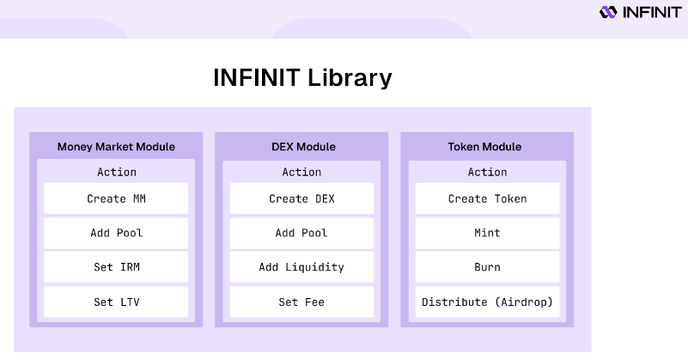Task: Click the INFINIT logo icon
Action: tap(608, 12)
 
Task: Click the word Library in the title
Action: tap(350, 78)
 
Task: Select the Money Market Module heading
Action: tap(116, 147)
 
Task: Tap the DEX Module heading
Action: tap(304, 147)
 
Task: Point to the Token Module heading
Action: tap(484, 147)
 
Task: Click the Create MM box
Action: tap(116, 198)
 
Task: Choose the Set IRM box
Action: tap(116, 267)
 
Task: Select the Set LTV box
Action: tap(116, 302)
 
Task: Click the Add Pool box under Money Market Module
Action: tap(116, 233)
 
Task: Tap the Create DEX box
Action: tap(301, 198)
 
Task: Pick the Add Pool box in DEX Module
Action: tap(301, 233)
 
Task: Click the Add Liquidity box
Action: tap(301, 267)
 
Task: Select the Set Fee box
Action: tap(301, 302)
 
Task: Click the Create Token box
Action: tap(488, 198)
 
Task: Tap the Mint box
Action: tap(488, 233)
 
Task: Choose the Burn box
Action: tap(488, 267)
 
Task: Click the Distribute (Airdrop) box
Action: tap(488, 302)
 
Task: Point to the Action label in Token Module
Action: tap(488, 172)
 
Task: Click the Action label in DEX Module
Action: tap(301, 172)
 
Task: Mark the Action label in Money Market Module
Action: tap(116, 172)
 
